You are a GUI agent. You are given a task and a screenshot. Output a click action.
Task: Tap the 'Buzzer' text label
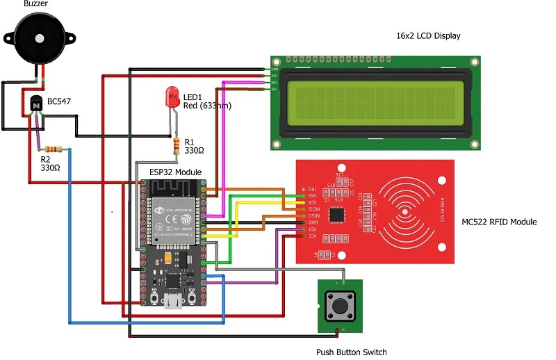pyautogui.click(x=36, y=5)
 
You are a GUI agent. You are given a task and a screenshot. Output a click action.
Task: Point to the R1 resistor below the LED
pyautogui.click(x=177, y=145)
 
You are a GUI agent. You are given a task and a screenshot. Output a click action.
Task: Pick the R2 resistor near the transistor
pyautogui.click(x=53, y=149)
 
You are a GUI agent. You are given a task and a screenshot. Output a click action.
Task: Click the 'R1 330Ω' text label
pyautogui.click(x=195, y=146)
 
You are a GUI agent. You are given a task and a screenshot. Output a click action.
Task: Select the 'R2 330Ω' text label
pyautogui.click(x=50, y=163)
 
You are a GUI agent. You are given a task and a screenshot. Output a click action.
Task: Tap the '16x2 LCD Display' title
pyautogui.click(x=428, y=35)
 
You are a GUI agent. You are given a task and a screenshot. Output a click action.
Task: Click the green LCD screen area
pyautogui.click(x=376, y=103)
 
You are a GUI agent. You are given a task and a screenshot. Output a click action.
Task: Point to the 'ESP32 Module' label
pyautogui.click(x=176, y=172)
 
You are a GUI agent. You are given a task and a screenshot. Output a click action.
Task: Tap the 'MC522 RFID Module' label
pyautogui.click(x=499, y=222)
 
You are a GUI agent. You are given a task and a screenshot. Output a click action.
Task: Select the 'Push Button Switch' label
pyautogui.click(x=351, y=352)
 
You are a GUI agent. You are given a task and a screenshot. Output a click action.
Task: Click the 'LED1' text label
pyautogui.click(x=193, y=96)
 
